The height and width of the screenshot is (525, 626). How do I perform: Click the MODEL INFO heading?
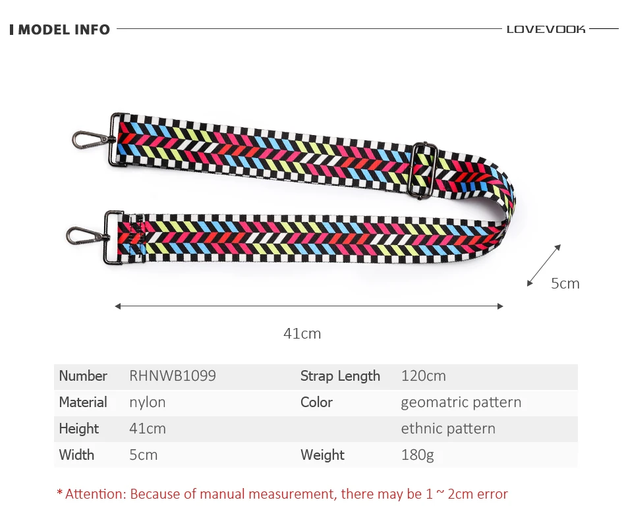click(x=64, y=30)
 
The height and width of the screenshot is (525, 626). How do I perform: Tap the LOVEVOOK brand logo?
click(x=546, y=30)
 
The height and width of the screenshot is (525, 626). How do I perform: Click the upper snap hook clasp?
click(x=92, y=140)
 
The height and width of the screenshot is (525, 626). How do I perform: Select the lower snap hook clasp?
click(x=87, y=236)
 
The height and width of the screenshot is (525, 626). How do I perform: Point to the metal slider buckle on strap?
click(x=424, y=171)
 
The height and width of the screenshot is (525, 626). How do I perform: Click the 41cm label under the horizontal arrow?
click(x=302, y=333)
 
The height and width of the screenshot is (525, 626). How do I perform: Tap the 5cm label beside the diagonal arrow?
click(x=565, y=283)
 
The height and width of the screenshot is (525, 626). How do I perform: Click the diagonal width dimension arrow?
click(x=544, y=265)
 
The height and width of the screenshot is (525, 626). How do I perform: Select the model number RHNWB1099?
click(x=173, y=375)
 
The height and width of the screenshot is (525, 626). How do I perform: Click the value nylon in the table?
click(x=148, y=402)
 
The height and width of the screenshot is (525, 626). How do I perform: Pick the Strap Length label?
click(x=340, y=376)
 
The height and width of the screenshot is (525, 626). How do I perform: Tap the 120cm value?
click(x=423, y=375)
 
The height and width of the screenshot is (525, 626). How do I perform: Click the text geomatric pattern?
click(x=461, y=402)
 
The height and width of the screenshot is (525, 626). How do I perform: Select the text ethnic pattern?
click(x=448, y=429)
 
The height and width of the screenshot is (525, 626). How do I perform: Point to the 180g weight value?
click(x=417, y=455)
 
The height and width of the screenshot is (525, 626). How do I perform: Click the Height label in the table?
click(x=78, y=429)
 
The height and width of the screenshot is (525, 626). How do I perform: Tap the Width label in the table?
click(x=76, y=455)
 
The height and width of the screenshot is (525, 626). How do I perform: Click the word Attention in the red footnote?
click(x=96, y=494)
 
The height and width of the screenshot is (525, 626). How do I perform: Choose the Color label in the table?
click(x=316, y=402)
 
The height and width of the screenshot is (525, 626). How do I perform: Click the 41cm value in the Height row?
click(x=148, y=428)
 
